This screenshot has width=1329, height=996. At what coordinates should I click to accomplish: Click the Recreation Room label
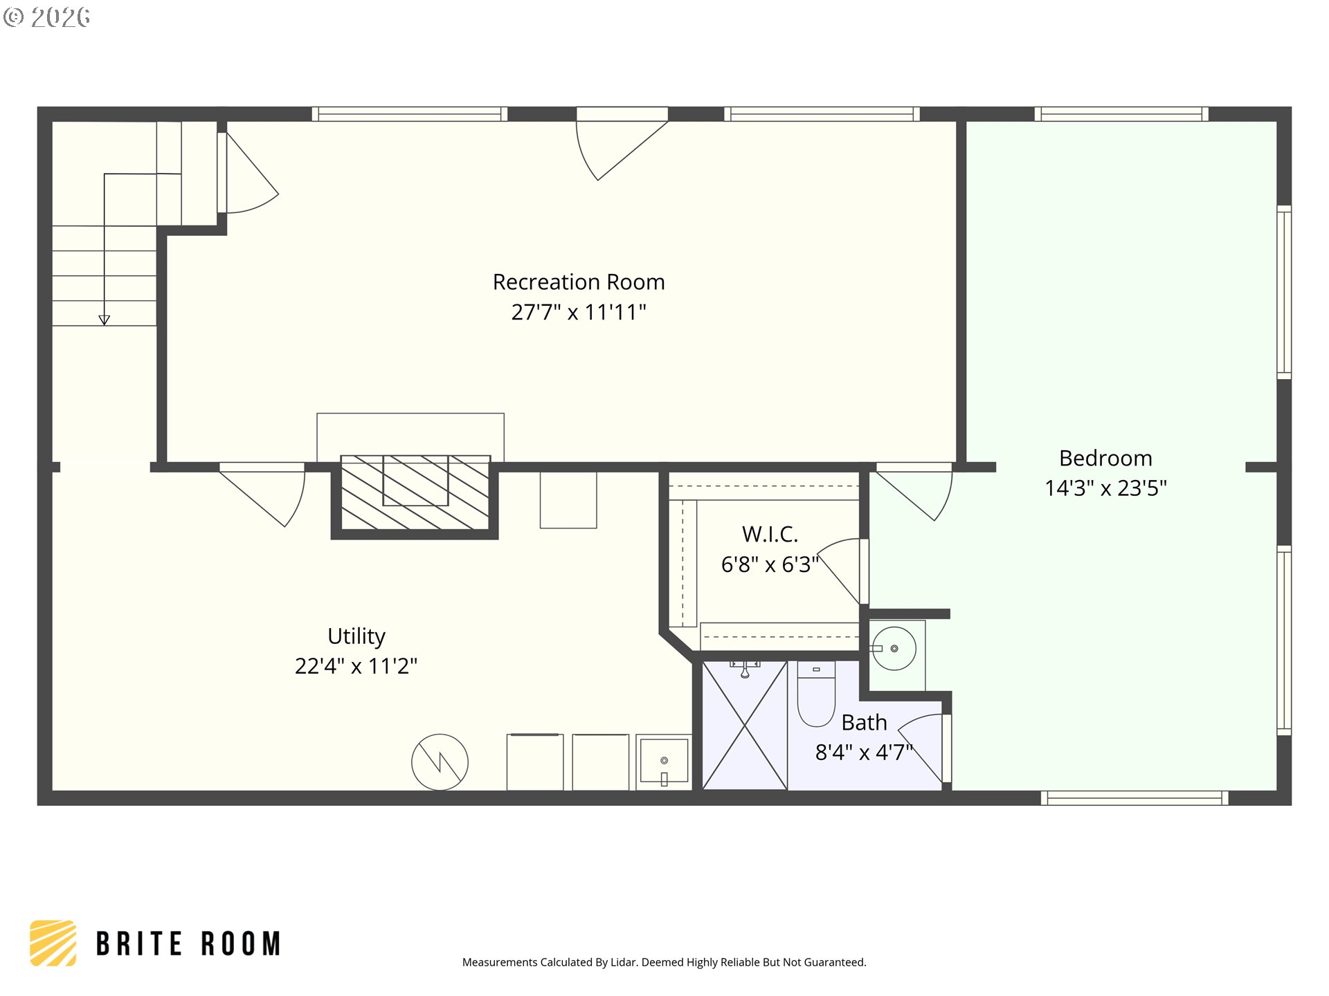point(579,282)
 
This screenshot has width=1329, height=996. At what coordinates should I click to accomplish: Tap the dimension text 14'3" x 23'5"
point(1105,488)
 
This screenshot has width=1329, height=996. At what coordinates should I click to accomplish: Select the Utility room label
point(356,636)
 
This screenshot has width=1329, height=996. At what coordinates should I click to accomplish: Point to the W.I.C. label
point(770,534)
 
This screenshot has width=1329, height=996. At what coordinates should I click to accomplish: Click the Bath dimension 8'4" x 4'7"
point(864,752)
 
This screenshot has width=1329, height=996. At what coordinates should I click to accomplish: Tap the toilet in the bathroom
point(816,694)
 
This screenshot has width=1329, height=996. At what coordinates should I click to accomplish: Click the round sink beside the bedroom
point(894,648)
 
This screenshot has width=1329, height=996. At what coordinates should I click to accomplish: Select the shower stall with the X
point(745,726)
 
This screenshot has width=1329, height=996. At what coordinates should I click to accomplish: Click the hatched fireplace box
point(415,493)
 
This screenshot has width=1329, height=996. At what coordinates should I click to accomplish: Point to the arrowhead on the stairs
point(105,320)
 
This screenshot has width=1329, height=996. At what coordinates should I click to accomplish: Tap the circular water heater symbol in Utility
point(440,762)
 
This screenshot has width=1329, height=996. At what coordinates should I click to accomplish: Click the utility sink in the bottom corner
point(664,762)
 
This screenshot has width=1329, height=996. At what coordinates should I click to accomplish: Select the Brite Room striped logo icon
point(53,943)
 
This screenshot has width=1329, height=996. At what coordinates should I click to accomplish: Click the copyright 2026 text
point(46,17)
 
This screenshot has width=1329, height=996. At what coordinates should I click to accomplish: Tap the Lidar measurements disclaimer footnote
point(664,962)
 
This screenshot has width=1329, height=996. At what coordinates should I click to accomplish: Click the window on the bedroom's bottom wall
point(1134,798)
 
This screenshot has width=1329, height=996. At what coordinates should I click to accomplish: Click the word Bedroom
point(1105,458)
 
